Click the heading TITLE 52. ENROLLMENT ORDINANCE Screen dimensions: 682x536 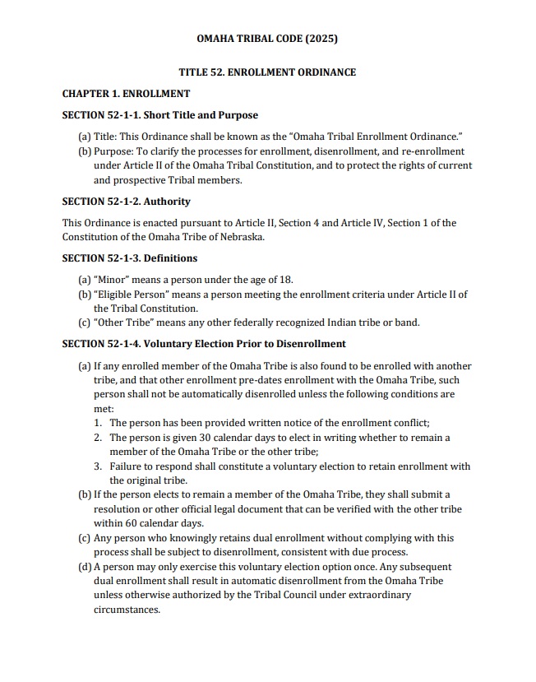267,72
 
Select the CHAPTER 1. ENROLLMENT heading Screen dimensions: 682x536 126,94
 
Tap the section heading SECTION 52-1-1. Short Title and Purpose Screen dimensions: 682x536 160,115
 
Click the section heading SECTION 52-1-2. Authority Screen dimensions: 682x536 126,201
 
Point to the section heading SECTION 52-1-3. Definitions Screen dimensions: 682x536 130,258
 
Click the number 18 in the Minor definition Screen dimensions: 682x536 286,280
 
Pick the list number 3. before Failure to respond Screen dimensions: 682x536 98,466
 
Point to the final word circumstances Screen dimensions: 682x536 127,610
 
